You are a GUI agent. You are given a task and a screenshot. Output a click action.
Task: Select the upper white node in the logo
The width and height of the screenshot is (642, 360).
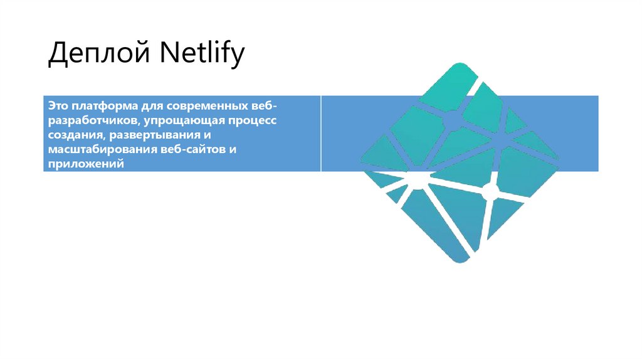453,118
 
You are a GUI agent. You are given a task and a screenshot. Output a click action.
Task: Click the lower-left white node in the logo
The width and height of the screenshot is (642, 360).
416,182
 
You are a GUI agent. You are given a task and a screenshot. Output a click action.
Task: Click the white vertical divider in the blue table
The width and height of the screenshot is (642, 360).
321,134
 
